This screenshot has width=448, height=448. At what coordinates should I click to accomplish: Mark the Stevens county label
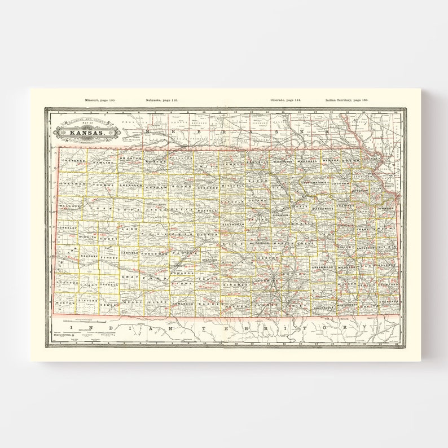tap(87, 302)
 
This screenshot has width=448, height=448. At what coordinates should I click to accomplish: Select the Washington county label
tap(283, 161)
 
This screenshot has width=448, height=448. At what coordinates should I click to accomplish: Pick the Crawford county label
tap(389, 285)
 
